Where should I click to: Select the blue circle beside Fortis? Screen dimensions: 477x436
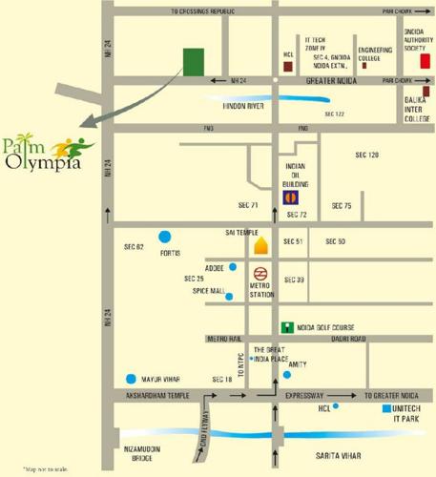[165, 236]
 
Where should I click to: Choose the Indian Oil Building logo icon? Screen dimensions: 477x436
[290, 197]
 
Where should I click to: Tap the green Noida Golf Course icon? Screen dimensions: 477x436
[285, 325]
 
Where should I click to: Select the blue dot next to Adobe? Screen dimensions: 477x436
[232, 267]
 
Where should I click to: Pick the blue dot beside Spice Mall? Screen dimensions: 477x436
[229, 296]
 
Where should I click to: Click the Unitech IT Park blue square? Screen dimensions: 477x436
[385, 407]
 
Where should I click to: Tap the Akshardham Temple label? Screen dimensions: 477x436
[153, 394]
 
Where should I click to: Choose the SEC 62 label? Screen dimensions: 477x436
[133, 247]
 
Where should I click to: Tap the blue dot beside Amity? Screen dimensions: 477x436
[287, 374]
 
